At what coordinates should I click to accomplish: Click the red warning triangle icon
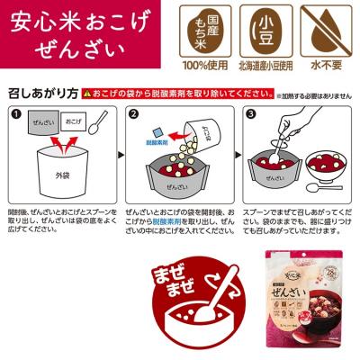pos(85,93)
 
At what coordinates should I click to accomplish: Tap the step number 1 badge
pos(15,115)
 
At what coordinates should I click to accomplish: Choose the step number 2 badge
pos(131,115)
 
